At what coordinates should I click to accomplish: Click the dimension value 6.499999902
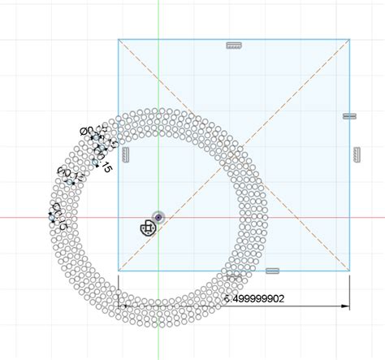coord(255,298)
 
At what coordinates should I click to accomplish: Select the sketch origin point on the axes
coord(158,218)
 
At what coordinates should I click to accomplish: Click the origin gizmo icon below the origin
coord(147,228)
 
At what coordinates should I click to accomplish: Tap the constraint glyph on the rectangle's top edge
coord(234,46)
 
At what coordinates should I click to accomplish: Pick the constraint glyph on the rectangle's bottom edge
coord(271,270)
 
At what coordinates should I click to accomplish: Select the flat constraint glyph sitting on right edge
coord(350,116)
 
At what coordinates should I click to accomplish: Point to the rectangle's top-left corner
coord(119,38)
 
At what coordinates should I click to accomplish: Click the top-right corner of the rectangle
coord(350,38)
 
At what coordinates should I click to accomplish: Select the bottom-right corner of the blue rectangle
coord(350,270)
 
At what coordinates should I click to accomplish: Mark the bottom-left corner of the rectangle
coord(119,270)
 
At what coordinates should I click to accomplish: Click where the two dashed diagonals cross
coord(234,154)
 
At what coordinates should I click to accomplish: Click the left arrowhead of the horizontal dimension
coord(123,306)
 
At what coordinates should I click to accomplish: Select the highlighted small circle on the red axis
coord(52,218)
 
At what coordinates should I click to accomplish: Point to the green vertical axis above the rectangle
coord(158,20)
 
